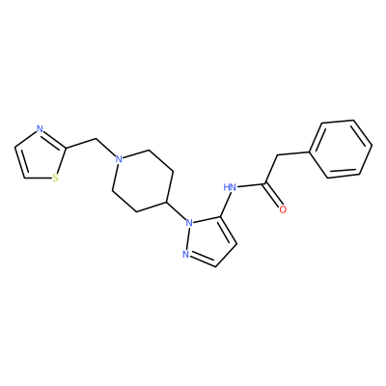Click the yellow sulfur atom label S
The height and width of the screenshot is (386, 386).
click(x=56, y=178)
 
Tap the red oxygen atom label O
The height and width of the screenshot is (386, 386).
click(x=283, y=209)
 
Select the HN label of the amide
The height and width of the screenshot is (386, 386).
click(x=231, y=187)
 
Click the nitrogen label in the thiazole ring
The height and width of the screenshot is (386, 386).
click(x=40, y=129)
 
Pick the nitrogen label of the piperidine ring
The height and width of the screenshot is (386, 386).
click(x=119, y=159)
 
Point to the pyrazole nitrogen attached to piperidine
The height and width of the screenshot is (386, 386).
click(x=190, y=222)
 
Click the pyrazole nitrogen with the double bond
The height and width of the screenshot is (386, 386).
click(x=185, y=255)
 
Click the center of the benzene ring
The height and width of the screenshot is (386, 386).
click(x=341, y=149)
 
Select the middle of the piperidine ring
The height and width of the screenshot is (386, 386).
click(x=143, y=180)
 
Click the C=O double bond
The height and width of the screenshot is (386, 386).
click(x=274, y=197)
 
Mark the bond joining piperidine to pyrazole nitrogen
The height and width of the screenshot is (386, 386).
click(x=177, y=211)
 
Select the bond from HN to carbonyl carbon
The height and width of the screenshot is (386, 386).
click(x=252, y=185)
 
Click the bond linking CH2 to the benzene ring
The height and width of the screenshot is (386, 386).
click(x=293, y=153)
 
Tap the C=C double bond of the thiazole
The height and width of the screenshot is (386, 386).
click(x=20, y=162)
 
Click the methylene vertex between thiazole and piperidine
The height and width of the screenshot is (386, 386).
click(x=96, y=139)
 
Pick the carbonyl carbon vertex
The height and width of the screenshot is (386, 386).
click(x=265, y=184)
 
